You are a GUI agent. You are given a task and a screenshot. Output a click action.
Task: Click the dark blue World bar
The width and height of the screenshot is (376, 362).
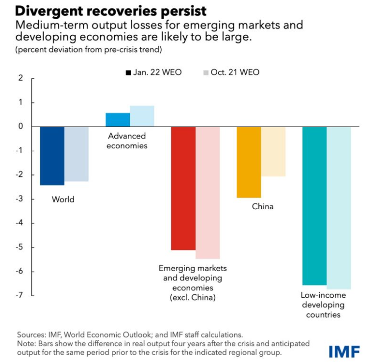coord(52,156)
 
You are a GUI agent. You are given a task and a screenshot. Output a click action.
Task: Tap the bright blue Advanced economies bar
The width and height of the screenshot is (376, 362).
coord(118,120)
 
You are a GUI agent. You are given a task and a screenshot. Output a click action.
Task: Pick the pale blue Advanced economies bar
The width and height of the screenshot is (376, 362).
coord(142,116)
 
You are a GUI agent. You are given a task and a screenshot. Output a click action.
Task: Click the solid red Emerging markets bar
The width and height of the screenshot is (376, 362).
coord(183,188)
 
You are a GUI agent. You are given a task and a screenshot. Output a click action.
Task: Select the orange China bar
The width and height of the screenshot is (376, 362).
coord(249,162)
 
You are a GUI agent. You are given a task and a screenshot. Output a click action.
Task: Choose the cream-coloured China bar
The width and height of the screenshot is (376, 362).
coord(273,151)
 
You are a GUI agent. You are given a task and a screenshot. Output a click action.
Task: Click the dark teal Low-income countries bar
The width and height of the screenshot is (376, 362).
coord(314,206)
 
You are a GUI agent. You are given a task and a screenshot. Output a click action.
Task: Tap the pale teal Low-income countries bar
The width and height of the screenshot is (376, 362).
coord(339,208)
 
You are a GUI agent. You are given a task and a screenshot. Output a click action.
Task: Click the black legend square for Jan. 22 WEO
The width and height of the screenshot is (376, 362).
coord(128,73)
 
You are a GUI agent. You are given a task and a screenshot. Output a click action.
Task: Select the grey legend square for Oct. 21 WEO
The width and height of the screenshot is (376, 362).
coord(206,73)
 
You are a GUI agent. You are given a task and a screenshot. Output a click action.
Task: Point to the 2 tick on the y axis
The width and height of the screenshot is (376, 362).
coord(20,78)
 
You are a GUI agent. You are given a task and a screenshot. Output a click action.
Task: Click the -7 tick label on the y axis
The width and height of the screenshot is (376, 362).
coord(19,296)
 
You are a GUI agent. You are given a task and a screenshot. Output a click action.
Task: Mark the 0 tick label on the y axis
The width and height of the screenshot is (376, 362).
coord(20,127)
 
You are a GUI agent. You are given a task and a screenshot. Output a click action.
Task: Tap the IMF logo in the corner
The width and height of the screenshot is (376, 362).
coord(344,351)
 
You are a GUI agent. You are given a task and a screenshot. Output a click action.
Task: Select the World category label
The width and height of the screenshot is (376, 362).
coord(63,199)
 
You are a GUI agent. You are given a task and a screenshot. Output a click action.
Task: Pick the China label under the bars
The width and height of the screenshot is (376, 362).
coord(262,206)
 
